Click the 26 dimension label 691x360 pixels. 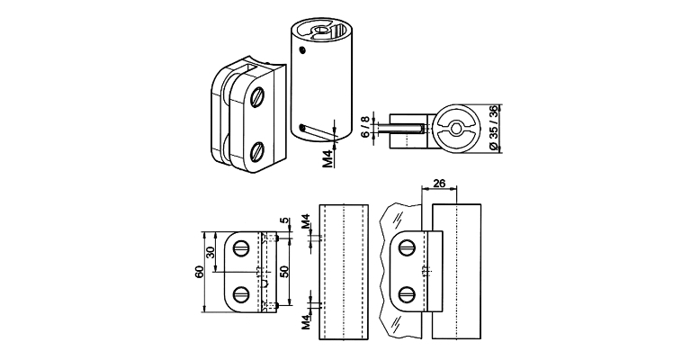tap(438, 184)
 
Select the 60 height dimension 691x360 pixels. tap(200, 273)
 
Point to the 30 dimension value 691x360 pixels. tap(211, 252)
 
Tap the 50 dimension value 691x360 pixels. tap(284, 272)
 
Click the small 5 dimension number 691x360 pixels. tap(284, 220)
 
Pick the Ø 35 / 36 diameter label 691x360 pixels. tap(493, 128)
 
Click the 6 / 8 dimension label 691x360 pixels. tap(365, 127)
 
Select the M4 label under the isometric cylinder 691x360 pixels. tap(328, 159)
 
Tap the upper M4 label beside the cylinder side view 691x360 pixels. tap(306, 221)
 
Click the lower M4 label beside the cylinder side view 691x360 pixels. tap(306, 321)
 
